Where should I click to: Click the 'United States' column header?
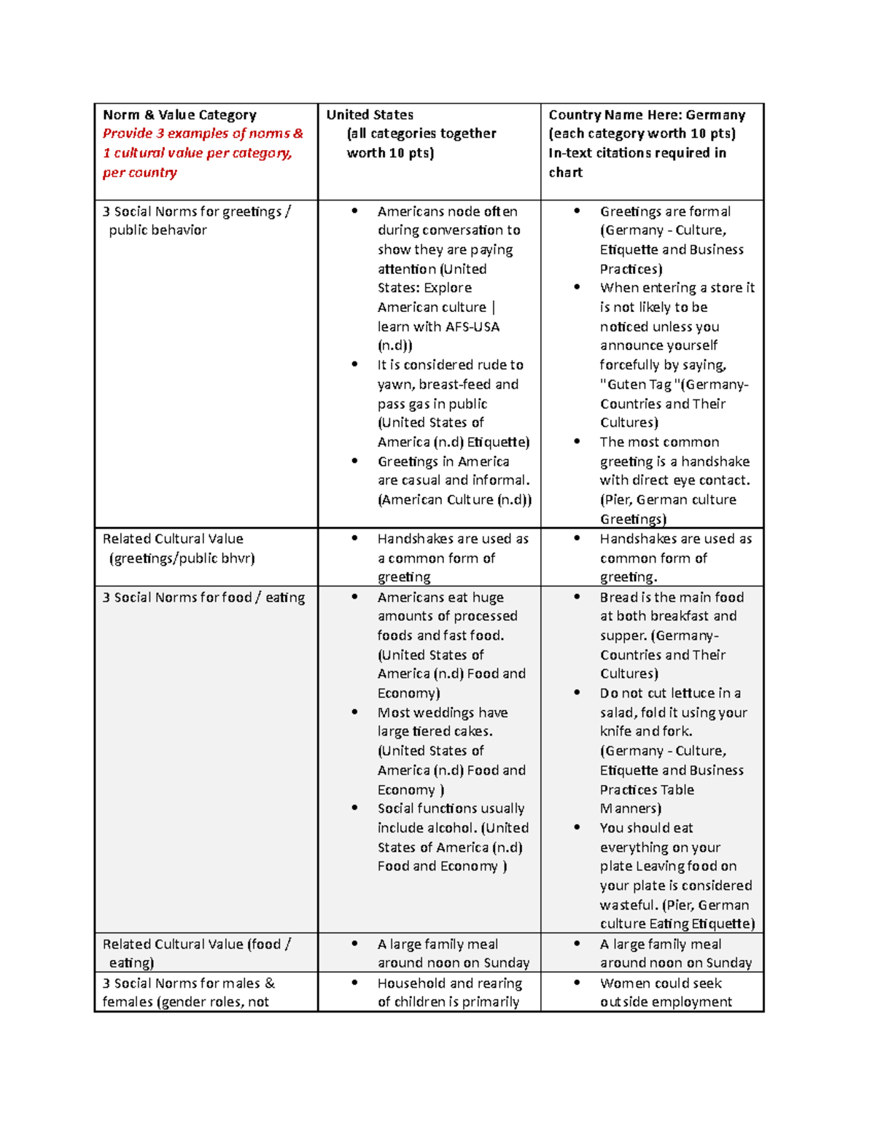370,114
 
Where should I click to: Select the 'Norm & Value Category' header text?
179,114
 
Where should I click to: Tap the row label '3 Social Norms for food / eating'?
203,597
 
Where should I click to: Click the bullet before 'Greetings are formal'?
577,211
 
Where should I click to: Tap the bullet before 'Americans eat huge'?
354,596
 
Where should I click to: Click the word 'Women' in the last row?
623,983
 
